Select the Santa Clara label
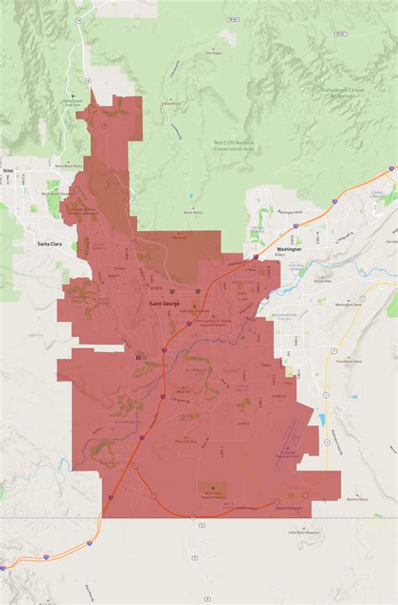pos(50,245)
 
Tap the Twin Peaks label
pos(212,52)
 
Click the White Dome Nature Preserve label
pos(212,492)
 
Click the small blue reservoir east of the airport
pos(321,419)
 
